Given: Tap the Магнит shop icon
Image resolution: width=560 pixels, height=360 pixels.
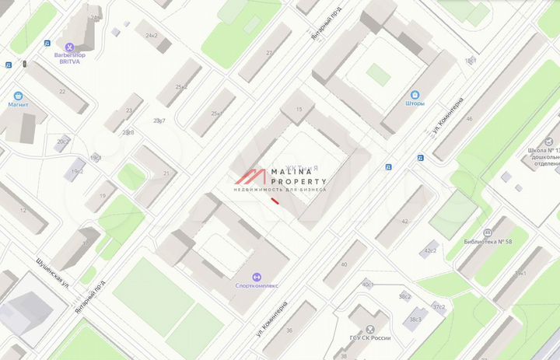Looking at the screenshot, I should tap(18, 92).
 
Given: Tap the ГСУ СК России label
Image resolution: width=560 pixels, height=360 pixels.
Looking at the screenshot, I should tap(369, 338).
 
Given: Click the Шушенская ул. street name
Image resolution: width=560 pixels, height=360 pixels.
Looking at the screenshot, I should tap(53, 273).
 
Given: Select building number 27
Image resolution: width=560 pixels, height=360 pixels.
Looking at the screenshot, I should tap(269, 52).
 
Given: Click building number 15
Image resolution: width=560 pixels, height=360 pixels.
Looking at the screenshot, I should tap(299, 110).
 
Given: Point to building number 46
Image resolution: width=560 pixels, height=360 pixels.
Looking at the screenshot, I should tap(469, 119).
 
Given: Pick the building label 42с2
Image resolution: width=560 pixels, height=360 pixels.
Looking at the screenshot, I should tap(429, 251).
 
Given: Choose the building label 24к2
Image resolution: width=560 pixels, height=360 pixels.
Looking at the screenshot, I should tap(151, 36).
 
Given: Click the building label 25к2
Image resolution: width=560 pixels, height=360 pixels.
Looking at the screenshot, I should tap(181, 86).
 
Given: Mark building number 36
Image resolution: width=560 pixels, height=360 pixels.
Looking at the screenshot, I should tap(289, 330).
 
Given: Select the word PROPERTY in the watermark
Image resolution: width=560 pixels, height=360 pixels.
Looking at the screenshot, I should tap(299, 181).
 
